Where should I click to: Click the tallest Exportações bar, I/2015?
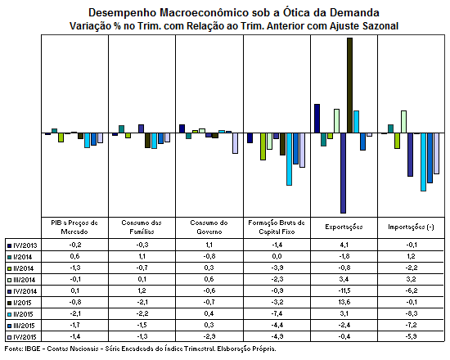[350, 85]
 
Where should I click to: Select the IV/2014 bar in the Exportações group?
[344, 173]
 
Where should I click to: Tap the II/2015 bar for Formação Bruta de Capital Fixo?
[290, 159]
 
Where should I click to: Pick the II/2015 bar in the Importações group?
[423, 162]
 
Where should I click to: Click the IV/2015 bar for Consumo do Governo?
[235, 143]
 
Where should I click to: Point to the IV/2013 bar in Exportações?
[317, 119]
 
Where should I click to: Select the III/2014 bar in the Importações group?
[403, 122]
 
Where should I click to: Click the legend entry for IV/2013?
[22, 245]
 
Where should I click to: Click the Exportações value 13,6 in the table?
[344, 302]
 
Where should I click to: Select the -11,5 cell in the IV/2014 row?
[344, 290]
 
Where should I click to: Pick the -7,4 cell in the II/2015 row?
[277, 313]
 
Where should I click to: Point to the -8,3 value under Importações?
[412, 313]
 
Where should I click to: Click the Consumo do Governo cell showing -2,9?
[209, 336]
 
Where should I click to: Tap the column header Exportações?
[344, 227]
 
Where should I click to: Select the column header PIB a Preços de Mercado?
[74, 227]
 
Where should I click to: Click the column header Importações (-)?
[411, 227]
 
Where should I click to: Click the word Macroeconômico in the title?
[204, 13]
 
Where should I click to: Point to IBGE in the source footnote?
[32, 349]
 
